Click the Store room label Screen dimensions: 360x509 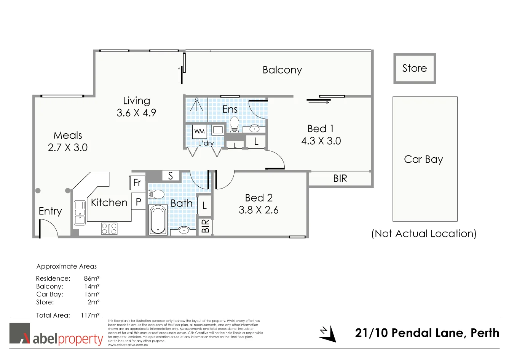pyautogui.click(x=415, y=68)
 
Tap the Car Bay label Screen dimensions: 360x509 pyautogui.click(x=423, y=159)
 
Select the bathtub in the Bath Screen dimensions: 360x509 pyautogui.click(x=158, y=220)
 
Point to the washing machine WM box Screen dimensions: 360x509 pyautogui.click(x=199, y=131)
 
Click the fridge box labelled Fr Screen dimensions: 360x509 pyautogui.click(x=137, y=183)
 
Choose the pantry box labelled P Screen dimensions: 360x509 pyautogui.click(x=139, y=202)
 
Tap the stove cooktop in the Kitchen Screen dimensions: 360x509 pyautogui.click(x=109, y=229)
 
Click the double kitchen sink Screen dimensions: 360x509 pyautogui.click(x=80, y=213)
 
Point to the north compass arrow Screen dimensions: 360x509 pyautogui.click(x=328, y=334)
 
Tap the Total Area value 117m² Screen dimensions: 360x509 pyautogui.click(x=90, y=315)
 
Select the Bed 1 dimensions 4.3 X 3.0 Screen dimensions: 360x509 pyautogui.click(x=321, y=141)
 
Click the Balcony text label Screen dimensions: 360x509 pyautogui.click(x=282, y=70)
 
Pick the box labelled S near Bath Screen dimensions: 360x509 pyautogui.click(x=170, y=176)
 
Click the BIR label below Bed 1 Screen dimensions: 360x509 pyautogui.click(x=340, y=178)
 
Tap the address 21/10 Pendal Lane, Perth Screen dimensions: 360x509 pyautogui.click(x=427, y=333)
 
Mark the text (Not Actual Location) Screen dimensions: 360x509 pyautogui.click(x=424, y=234)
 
